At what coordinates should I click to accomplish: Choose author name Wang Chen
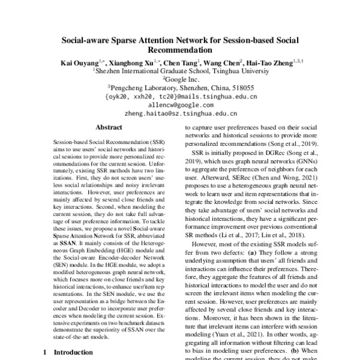click(x=222, y=62)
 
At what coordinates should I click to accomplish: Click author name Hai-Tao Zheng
click(x=274, y=62)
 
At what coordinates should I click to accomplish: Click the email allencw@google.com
click(x=181, y=104)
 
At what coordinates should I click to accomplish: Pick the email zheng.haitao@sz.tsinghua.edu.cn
click(x=181, y=112)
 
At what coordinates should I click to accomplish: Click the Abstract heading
click(x=109, y=128)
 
